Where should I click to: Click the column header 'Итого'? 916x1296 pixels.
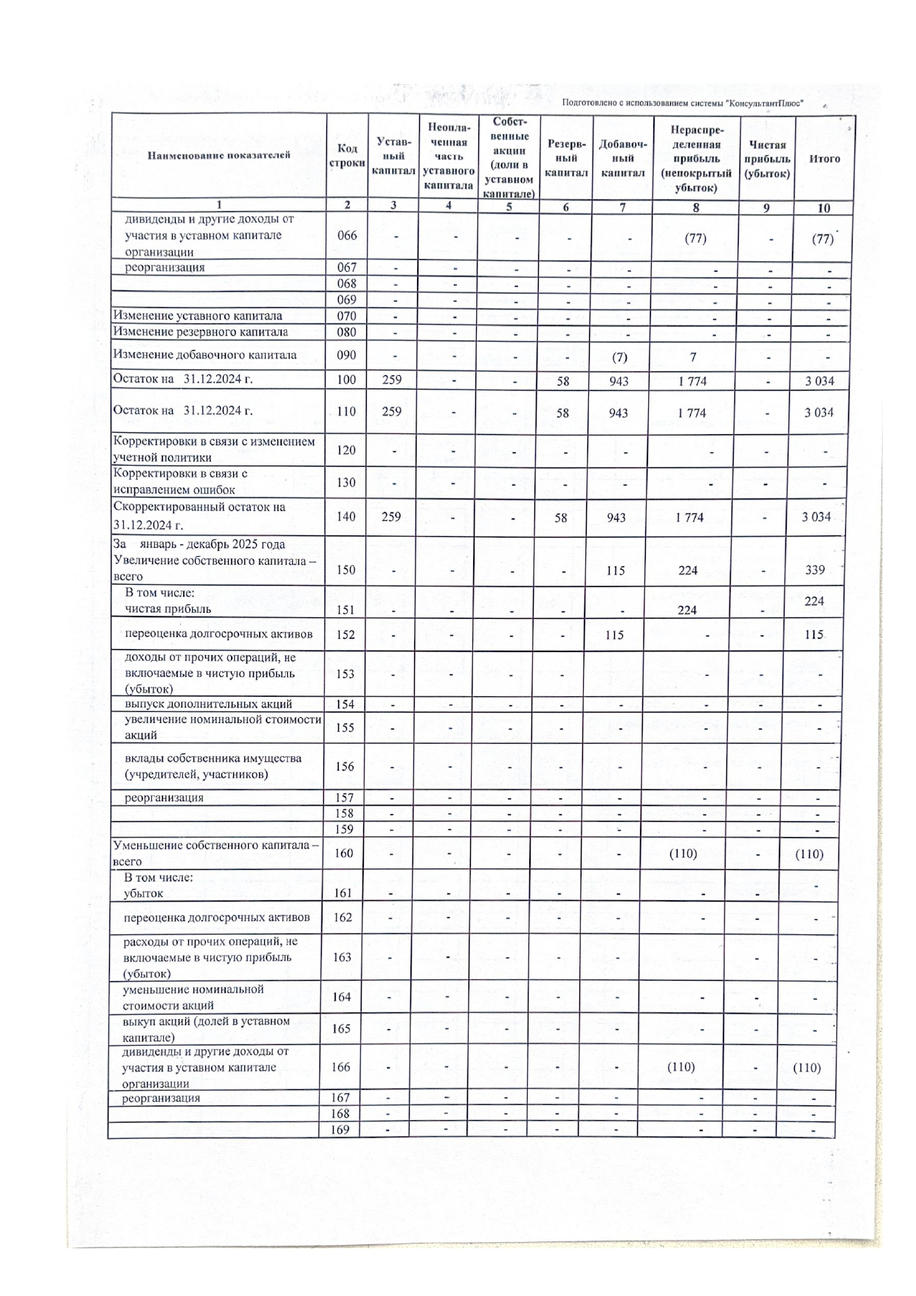[824, 159]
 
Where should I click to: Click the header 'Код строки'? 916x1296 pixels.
[346, 156]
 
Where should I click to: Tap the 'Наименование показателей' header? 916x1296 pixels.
[218, 155]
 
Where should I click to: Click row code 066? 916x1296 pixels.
[346, 236]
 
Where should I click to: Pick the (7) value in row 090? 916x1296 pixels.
[619, 357]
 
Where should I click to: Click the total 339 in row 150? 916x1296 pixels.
[814, 570]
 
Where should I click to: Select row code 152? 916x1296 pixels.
[345, 634]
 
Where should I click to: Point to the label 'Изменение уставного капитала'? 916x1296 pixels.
[197, 316]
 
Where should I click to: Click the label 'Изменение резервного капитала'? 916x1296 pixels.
[200, 332]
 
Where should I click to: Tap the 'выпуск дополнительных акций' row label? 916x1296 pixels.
[208, 704]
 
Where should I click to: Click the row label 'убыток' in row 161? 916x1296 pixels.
[143, 894]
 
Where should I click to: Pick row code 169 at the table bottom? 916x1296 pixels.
[340, 1130]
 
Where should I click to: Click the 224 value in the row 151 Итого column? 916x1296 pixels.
[814, 601]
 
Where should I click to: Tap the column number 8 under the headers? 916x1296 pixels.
[695, 208]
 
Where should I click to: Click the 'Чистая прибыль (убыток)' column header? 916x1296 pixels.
[767, 159]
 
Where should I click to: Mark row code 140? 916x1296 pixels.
[345, 517]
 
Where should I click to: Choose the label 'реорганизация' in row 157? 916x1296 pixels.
[163, 798]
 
